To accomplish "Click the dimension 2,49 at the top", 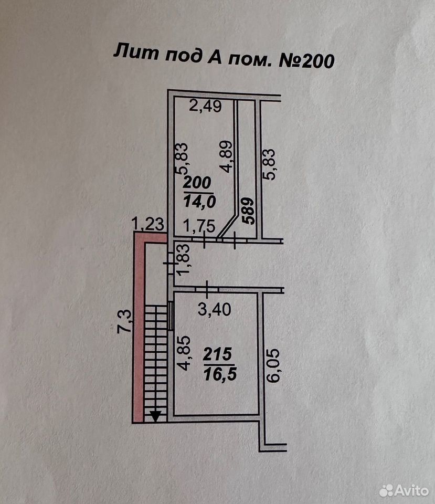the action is (205, 106).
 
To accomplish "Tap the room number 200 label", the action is (197, 183).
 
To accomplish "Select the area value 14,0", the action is (199, 202).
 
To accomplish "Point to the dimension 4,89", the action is (227, 156).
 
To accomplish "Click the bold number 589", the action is (249, 211).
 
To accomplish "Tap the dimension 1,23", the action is (148, 224).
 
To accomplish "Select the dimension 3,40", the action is (215, 310).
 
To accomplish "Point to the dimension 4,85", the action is (184, 353).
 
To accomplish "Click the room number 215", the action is (217, 354).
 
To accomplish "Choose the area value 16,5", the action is (220, 374).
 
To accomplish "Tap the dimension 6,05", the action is (274, 365).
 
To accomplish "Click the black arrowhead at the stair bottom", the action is (155, 416).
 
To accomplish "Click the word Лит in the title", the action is (136, 52).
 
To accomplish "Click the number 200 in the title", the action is (317, 61).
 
